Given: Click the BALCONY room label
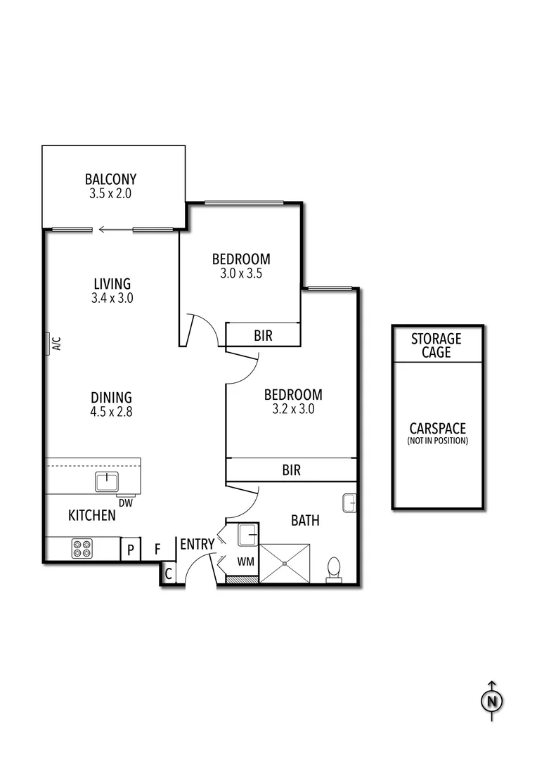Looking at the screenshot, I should coord(110,179).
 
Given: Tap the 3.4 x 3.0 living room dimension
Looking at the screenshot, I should coord(112,297).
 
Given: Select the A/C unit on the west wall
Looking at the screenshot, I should coord(49,344).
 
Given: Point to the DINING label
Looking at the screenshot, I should coord(111,398).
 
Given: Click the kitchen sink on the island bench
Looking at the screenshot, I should coord(105,481).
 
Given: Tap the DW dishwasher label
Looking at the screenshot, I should coord(126,502).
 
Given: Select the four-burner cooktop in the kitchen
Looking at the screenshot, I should coord(82,548).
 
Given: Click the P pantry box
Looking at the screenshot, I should coord(130,549).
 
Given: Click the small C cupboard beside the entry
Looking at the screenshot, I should coord(168,573).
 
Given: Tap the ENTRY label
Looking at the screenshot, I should coord(197,544).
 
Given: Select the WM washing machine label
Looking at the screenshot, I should coord(245,562).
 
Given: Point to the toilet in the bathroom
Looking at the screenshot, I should coord(334,569).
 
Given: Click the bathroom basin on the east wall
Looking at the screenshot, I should coord(349,502).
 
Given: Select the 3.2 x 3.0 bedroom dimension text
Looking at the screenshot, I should coord(292,409).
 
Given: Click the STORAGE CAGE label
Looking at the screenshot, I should coord(436,346).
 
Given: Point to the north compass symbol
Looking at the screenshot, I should coord(492,701).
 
